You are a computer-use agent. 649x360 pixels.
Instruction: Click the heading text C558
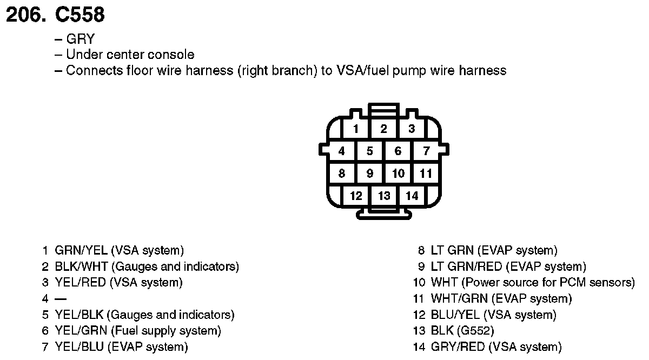[x=80, y=15]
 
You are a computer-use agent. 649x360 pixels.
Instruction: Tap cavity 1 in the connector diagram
[x=355, y=129]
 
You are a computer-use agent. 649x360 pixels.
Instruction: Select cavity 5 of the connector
[x=369, y=151]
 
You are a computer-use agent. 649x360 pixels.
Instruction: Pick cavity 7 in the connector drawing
[x=426, y=151]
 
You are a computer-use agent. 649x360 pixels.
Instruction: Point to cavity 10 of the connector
[x=398, y=174]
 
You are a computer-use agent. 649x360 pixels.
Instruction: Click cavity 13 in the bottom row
[x=384, y=196]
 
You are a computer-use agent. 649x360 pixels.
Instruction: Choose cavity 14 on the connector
[x=412, y=196]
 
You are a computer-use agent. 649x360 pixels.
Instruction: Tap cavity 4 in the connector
[x=341, y=151]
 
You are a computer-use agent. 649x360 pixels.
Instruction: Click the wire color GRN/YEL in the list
[x=81, y=250]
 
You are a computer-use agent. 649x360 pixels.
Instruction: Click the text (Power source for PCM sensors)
[x=549, y=282]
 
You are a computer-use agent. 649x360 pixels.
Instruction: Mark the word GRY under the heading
[x=81, y=39]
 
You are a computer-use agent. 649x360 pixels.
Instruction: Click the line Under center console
[x=130, y=55]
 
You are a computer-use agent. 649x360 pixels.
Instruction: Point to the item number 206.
[x=25, y=15]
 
